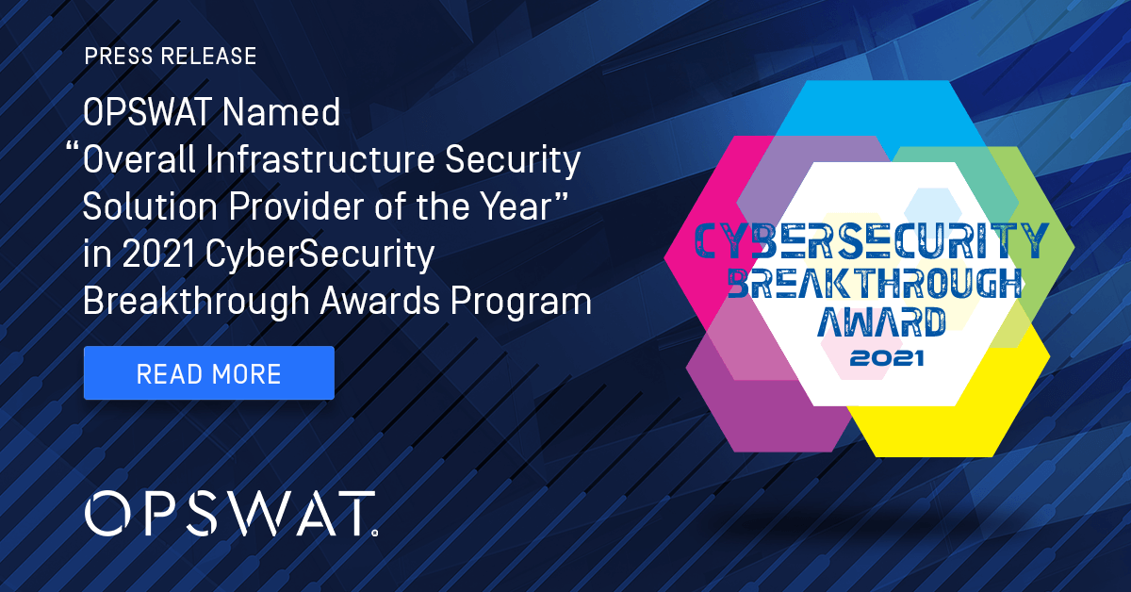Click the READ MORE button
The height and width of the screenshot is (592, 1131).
[208, 373]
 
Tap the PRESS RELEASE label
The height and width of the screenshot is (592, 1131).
[171, 57]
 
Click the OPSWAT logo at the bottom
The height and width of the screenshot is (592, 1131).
[231, 514]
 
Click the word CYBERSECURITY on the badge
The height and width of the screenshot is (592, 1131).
[870, 241]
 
